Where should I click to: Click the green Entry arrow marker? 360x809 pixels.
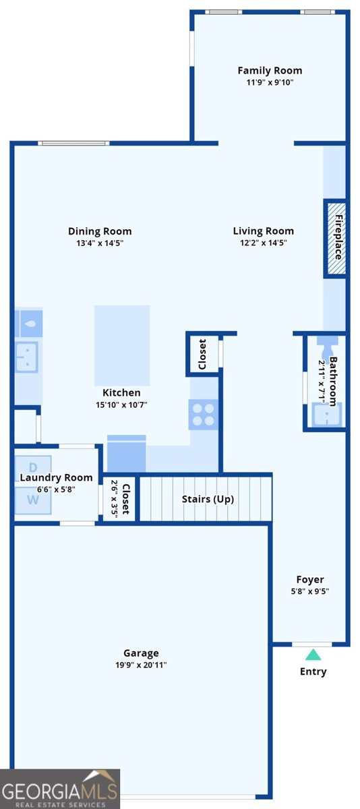pos(313,655)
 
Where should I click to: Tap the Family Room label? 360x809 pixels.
pos(270,70)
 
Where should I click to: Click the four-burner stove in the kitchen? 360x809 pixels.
pos(204,414)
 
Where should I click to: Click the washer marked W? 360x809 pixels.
pos(33,500)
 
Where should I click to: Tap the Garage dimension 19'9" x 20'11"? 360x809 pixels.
pos(141,665)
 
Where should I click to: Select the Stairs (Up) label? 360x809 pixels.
pos(208,499)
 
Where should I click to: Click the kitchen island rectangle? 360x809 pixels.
pos(122,345)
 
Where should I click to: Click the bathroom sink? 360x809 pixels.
pos(326,415)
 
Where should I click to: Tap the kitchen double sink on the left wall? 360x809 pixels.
pos(26,357)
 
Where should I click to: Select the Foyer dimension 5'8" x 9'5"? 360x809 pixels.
pos(310,591)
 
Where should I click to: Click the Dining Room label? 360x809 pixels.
pos(100,231)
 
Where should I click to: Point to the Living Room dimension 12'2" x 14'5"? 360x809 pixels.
pos(263,242)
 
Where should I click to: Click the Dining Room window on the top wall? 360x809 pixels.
pos(73,144)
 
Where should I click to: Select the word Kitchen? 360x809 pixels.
pos(121,392)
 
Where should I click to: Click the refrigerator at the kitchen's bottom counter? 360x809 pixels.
pos(127,453)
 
